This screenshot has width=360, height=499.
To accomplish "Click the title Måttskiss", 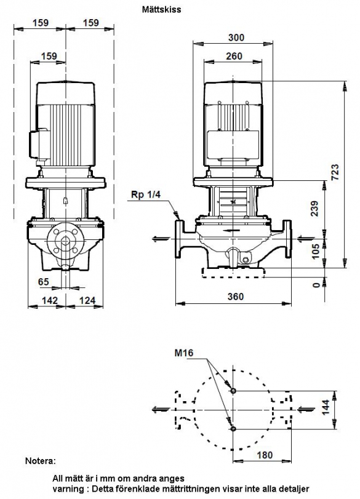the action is click(x=161, y=9).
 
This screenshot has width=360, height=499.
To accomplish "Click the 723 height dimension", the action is click(x=335, y=172).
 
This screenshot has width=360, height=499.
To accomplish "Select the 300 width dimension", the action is click(x=236, y=38).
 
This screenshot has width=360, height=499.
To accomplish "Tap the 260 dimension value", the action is click(x=234, y=56).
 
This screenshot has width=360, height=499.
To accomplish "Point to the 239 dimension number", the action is click(x=314, y=209).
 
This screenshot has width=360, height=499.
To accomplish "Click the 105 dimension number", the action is click(x=315, y=252).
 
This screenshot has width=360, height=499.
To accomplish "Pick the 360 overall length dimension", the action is click(x=236, y=297).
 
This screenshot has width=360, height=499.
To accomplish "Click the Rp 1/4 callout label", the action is click(x=146, y=194).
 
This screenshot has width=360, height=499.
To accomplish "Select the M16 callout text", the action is click(x=183, y=353).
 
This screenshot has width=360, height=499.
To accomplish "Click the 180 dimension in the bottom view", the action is click(x=265, y=455).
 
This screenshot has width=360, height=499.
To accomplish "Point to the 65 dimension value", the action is click(x=44, y=282).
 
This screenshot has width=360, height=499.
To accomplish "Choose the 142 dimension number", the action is click(x=50, y=300).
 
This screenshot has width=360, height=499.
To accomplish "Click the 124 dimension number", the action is click(x=87, y=300).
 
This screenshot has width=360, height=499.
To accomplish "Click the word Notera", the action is click(x=41, y=461).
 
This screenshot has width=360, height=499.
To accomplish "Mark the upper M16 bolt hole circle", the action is click(x=233, y=391).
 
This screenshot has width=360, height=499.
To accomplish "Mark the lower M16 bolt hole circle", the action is click(x=233, y=429).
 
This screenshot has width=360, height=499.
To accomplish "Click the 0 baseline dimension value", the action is click(x=316, y=284).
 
